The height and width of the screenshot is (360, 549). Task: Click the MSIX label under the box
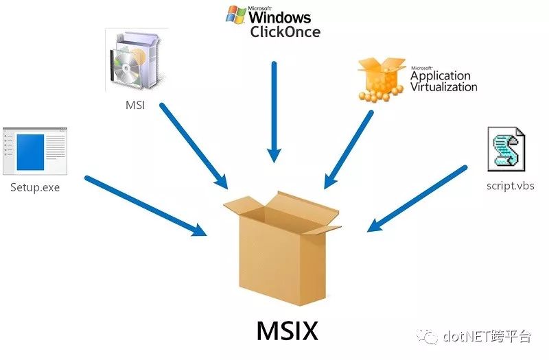pos(288,332)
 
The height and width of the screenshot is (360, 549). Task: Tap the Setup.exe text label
pos(35,186)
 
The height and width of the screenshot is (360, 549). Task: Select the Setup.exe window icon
pos(34,151)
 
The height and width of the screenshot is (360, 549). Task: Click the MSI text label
pos(135,106)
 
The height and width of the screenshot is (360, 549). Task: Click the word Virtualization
pos(443,87)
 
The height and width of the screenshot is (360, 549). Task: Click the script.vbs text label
pos(508,185)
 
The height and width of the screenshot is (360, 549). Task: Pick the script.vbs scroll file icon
pos(507,149)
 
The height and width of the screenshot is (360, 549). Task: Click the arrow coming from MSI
pos(194,145)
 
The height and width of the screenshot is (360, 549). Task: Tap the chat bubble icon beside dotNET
pos(430,336)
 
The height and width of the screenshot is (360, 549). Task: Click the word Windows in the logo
pos(279,17)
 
